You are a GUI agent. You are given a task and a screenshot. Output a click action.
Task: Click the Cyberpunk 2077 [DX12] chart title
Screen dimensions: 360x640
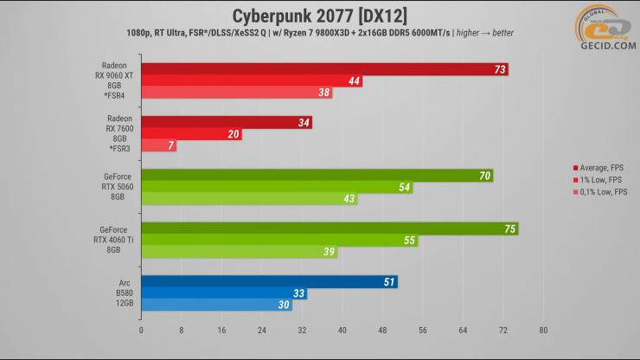coord(321,16)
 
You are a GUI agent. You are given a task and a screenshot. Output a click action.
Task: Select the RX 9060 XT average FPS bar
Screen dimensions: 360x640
coord(324,69)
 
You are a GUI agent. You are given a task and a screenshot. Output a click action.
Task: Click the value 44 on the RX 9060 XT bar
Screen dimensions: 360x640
coord(355,81)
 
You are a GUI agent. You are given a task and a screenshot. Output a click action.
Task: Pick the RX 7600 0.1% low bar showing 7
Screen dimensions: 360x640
coord(158,146)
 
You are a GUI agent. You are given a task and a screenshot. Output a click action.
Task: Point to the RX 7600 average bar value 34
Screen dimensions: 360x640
coord(304,123)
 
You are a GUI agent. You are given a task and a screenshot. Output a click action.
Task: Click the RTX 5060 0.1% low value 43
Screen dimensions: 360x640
coord(349,199)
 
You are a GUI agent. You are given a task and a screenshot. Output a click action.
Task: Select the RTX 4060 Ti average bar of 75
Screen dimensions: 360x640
coord(330,229)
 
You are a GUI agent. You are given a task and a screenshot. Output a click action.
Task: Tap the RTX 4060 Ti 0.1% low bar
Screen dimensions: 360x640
coord(239,252)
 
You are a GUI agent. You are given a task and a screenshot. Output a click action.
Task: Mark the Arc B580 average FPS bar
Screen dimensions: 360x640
coord(269,282)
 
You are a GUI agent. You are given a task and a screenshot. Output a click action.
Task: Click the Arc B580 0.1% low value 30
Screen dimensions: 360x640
coord(284,305)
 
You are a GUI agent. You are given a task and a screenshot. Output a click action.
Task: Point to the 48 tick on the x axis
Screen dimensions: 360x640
coord(382,330)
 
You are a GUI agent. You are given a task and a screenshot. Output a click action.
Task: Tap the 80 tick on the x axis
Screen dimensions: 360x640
coord(543,330)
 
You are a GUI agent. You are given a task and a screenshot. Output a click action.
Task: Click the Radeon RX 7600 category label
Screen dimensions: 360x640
coord(119,133)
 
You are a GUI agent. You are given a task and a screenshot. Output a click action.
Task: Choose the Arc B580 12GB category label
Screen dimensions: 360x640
coord(119,293)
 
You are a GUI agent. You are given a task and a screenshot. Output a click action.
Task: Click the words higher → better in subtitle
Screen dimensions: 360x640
coord(489,32)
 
